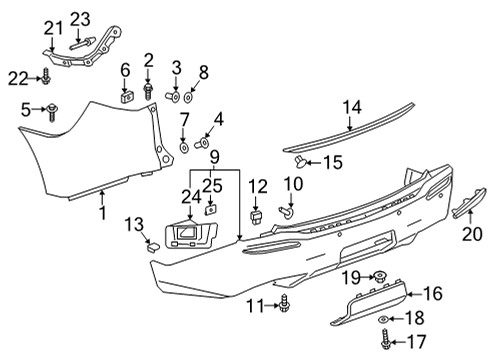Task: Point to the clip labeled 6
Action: [x=126, y=96]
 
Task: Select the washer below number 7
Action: [x=185, y=148]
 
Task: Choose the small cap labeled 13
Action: [x=158, y=244]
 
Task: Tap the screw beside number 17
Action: [x=386, y=340]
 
